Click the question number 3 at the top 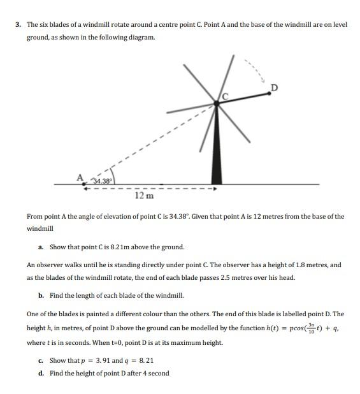click(18, 25)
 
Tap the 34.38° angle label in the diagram click(103, 180)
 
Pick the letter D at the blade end click(274, 87)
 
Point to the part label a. click(41, 247)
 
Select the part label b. click(41, 296)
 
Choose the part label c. click(41, 361)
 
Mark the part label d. click(41, 373)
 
